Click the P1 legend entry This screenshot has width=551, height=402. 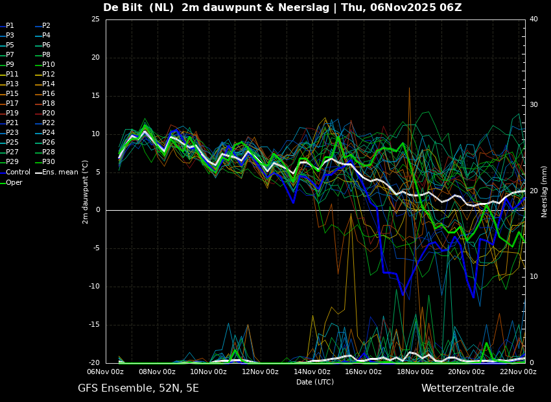pos(7,26)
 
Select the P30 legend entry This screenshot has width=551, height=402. pos(45,161)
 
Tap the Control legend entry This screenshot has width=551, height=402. pos(15,172)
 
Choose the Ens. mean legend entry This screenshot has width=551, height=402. pos(56,172)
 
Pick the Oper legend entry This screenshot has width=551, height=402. pos(11,182)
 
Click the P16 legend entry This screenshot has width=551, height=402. pos(45,93)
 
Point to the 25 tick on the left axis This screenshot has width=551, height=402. pos(95,19)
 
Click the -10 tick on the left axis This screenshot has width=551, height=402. pos(94,287)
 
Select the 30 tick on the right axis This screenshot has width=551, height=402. pos(533,105)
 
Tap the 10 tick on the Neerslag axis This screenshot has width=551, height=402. pos(533,277)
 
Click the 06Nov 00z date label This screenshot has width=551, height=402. pos(106,372)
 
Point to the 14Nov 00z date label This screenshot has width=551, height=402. pos(312,372)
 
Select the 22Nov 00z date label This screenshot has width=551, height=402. pos(519,372)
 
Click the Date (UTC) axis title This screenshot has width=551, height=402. pos(315,382)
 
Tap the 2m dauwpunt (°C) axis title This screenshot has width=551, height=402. pos(85,192)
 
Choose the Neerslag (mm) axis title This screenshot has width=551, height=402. pos(545,192)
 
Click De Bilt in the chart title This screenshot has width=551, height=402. pos(123,7)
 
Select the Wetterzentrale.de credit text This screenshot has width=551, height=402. pos(468,388)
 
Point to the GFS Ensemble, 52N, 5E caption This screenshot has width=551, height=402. pos(138,388)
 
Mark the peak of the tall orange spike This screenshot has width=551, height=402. pos(409,88)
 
